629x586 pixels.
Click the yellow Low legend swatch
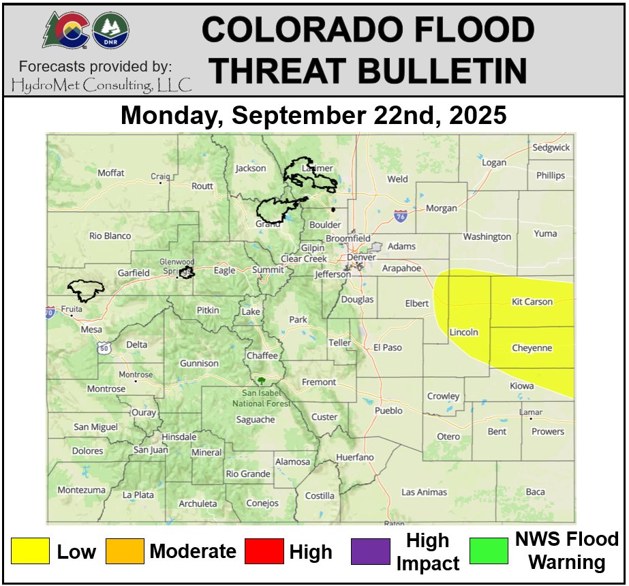pyautogui.click(x=30, y=551)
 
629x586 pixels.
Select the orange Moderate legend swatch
pyautogui.click(x=125, y=551)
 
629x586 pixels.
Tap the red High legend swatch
pyautogui.click(x=264, y=551)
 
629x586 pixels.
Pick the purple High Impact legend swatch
pyautogui.click(x=371, y=551)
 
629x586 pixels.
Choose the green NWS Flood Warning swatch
pyautogui.click(x=489, y=551)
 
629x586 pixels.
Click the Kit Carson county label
pyautogui.click(x=532, y=301)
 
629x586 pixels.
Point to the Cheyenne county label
pyautogui.click(x=532, y=348)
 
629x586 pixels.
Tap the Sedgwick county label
pyautogui.click(x=551, y=147)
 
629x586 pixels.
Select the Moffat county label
pyautogui.click(x=111, y=173)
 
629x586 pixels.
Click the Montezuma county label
pyautogui.click(x=81, y=490)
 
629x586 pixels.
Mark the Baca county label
pyautogui.click(x=535, y=492)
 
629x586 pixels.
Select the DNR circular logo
pyautogui.click(x=110, y=29)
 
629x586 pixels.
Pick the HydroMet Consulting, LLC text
pyautogui.click(x=102, y=84)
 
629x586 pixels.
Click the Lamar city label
pyautogui.click(x=531, y=412)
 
